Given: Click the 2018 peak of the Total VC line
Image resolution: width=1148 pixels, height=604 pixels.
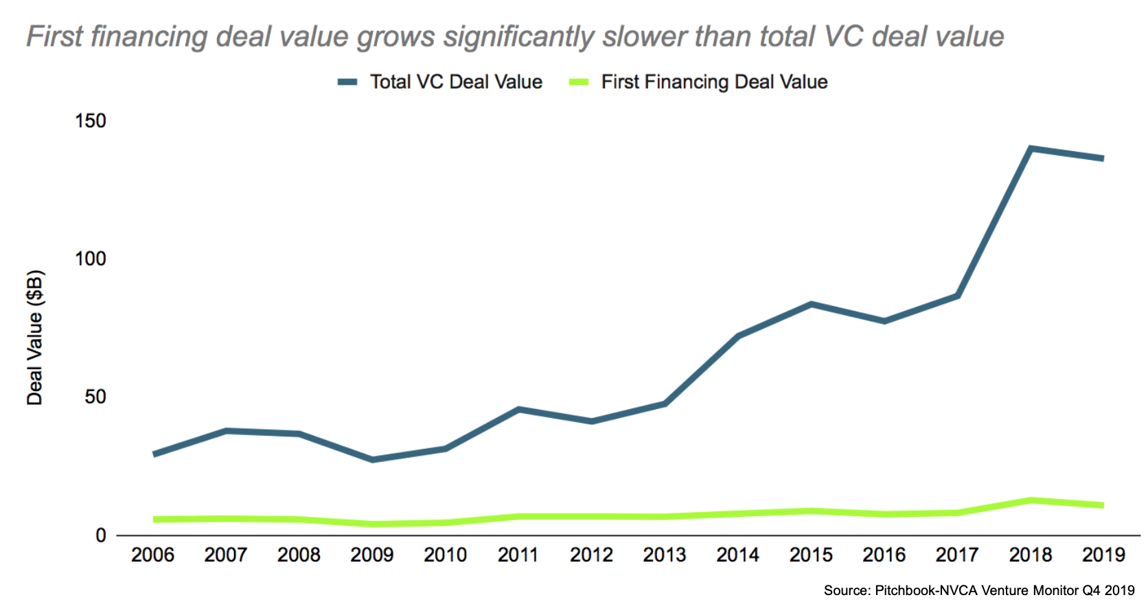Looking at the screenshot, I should click(1031, 148).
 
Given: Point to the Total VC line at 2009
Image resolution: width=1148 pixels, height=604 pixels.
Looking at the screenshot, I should click(372, 459).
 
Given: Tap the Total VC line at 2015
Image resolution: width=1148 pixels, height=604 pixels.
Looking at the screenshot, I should click(811, 304).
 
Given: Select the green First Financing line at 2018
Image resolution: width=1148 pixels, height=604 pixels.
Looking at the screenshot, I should click(1031, 500).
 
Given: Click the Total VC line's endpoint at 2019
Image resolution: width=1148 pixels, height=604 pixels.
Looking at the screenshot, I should click(1103, 159).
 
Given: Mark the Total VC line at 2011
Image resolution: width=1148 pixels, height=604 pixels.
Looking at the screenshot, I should click(518, 409).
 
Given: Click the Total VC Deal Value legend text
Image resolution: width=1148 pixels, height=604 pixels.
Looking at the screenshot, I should click(456, 82).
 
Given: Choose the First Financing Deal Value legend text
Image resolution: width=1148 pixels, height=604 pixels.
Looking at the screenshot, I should click(714, 82).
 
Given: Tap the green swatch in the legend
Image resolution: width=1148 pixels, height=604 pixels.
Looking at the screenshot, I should click(579, 82).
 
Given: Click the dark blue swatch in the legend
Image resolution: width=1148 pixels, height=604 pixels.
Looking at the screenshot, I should click(347, 82).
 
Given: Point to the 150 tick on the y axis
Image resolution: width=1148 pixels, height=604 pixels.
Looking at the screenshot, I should click(91, 121).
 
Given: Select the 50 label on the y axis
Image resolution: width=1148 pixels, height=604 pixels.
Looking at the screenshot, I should click(95, 397).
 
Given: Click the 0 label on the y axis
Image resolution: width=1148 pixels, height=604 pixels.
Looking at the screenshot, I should click(101, 535).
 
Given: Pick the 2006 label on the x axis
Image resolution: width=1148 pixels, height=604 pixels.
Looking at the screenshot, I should click(152, 555).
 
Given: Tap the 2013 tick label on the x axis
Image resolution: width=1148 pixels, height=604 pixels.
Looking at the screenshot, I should click(665, 555).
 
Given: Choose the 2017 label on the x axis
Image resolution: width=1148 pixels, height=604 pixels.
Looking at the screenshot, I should click(957, 555).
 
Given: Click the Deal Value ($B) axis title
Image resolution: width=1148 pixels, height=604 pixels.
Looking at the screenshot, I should click(35, 338).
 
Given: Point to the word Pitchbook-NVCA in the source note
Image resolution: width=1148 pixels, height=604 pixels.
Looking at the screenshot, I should click(926, 590).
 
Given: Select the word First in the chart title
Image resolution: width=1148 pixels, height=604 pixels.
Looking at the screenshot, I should click(54, 36).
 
